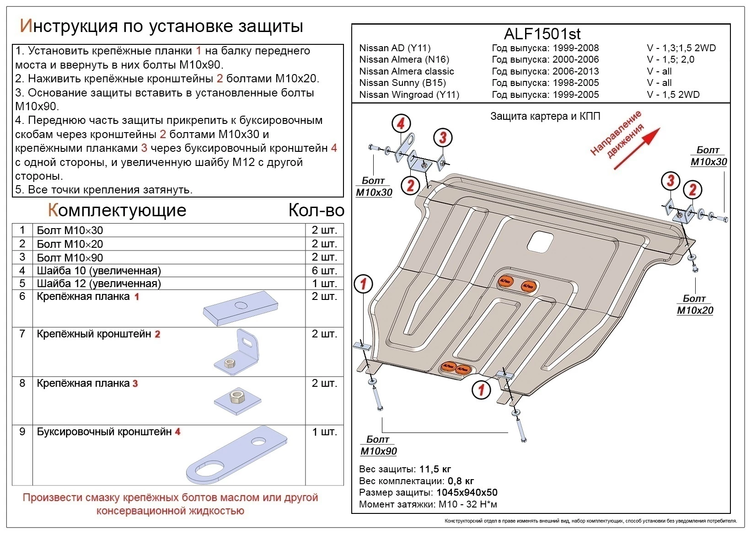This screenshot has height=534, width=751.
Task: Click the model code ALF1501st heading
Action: (x=542, y=33)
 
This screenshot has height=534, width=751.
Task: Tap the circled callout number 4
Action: (x=401, y=123)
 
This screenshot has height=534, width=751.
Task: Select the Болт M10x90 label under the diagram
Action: (x=378, y=446)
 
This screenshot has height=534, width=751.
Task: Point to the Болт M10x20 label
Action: (x=695, y=305)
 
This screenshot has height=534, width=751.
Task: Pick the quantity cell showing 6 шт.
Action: (x=324, y=270)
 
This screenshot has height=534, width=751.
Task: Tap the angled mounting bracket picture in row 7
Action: (x=237, y=351)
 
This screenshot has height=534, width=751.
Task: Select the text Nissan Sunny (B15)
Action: (x=402, y=83)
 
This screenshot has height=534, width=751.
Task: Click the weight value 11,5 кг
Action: (x=435, y=469)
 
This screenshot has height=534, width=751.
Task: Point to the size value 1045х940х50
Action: (x=467, y=492)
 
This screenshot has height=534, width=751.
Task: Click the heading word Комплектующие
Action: (x=117, y=210)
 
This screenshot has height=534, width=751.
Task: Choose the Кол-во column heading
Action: (x=316, y=210)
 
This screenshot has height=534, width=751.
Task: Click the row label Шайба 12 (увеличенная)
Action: (x=99, y=283)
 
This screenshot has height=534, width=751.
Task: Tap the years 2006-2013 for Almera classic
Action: (x=575, y=71)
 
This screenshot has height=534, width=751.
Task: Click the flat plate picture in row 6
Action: (x=241, y=308)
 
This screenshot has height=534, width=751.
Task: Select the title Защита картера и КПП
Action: (x=545, y=116)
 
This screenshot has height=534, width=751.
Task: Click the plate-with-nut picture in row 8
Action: (x=237, y=400)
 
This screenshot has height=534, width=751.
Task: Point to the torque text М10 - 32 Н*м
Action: (x=467, y=504)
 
